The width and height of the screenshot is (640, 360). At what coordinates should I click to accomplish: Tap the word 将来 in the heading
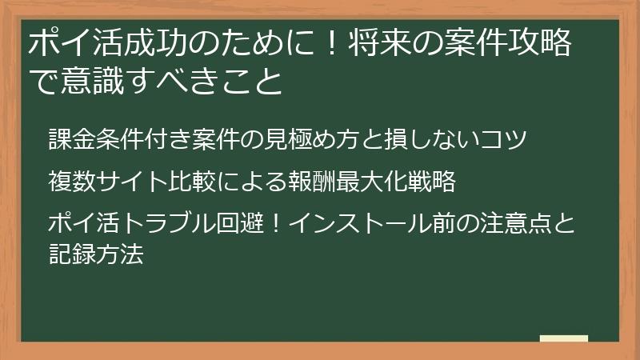(378, 45)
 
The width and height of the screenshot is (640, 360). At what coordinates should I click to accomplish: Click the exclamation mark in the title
(331, 45)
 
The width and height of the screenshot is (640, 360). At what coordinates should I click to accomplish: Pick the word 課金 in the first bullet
(70, 138)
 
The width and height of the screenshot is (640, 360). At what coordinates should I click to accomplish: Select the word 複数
(70, 182)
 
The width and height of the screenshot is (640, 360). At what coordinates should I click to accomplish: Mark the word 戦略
(434, 182)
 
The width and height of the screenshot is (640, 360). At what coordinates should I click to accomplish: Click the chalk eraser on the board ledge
(564, 338)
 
